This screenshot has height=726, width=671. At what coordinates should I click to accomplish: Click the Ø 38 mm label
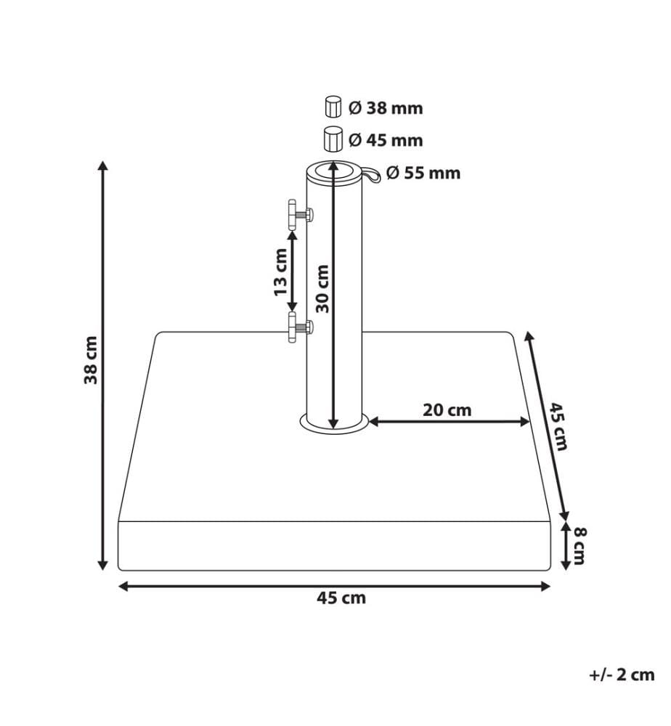pyautogui.click(x=386, y=108)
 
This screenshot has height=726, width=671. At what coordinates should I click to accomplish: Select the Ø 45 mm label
pyautogui.click(x=386, y=140)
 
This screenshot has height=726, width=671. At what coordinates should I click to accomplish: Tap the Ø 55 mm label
pyautogui.click(x=423, y=174)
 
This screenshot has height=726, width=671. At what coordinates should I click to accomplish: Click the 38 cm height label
pyautogui.click(x=91, y=360)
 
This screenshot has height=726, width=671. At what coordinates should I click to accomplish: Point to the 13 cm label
pyautogui.click(x=280, y=272)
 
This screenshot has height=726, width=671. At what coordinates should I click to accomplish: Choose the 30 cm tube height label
pyautogui.click(x=322, y=289)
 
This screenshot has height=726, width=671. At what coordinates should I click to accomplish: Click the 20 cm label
pyautogui.click(x=447, y=410)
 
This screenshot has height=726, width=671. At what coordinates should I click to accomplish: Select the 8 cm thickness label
pyautogui.click(x=579, y=546)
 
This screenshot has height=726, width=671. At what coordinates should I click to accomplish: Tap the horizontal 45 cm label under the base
pyautogui.click(x=341, y=598)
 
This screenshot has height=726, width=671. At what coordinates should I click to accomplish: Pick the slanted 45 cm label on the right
pyautogui.click(x=558, y=426)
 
